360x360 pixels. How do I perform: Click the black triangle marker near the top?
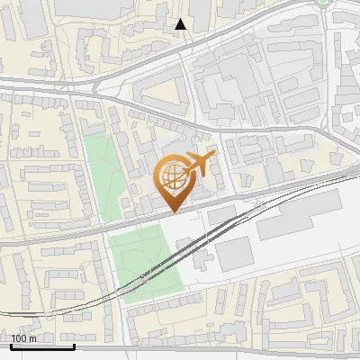pos(180,24)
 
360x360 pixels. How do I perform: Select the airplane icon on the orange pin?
pos(197,164)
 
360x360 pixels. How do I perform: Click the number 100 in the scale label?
pos(20,338)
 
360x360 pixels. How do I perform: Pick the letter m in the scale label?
pos(32,338)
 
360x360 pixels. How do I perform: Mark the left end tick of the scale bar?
pos(11,346)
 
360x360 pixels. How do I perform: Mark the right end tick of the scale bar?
pos(74,346)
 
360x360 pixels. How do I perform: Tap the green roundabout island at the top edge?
pos(325,3)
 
